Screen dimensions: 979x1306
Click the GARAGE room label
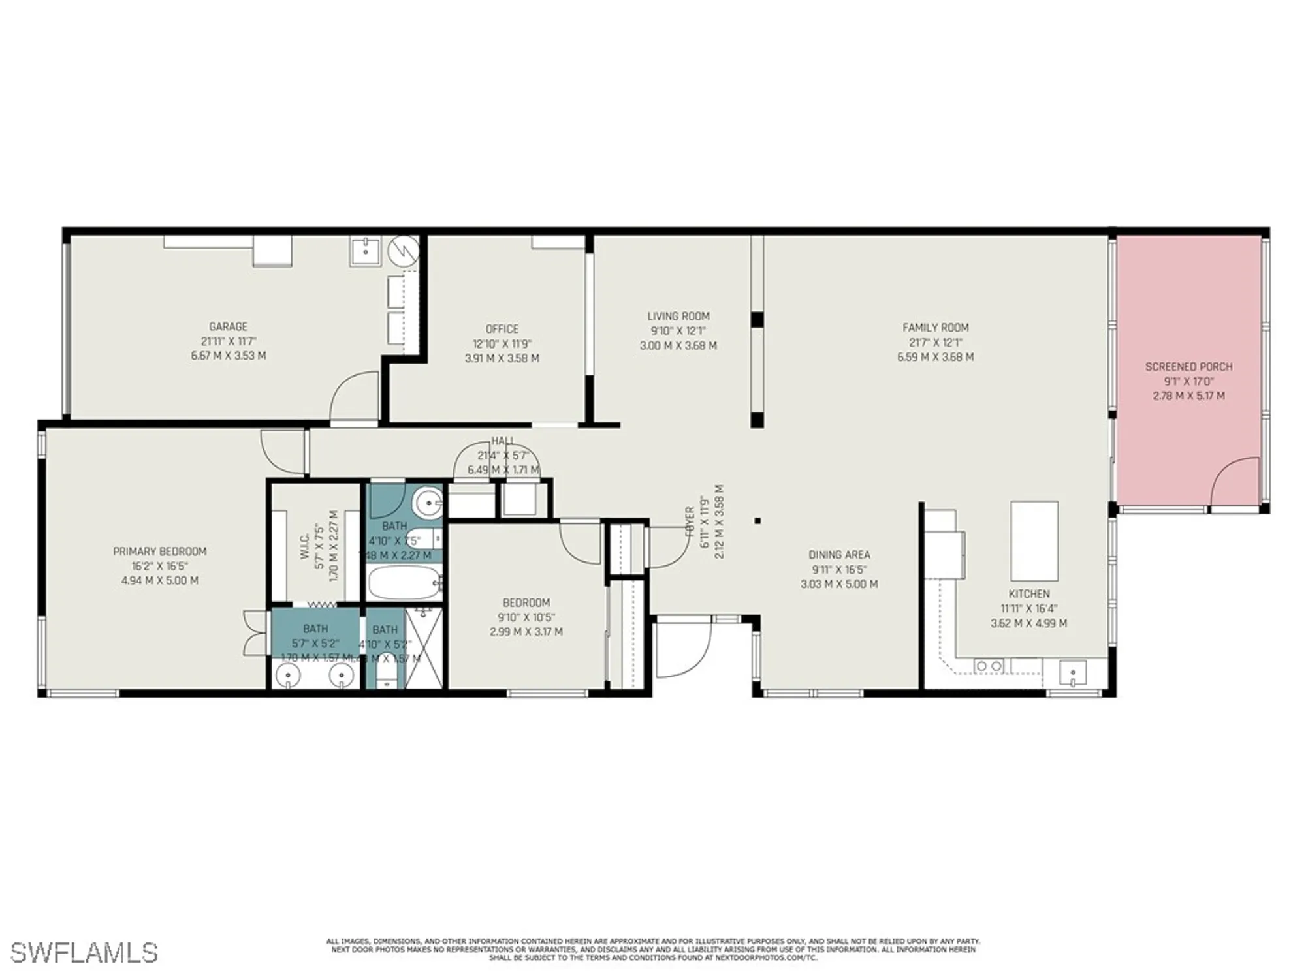coord(228,326)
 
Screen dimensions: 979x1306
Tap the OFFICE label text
coord(502,329)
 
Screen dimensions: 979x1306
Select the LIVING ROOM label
coord(678,316)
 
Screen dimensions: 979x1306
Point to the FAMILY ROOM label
coord(935,328)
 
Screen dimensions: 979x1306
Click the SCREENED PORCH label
coord(1188,367)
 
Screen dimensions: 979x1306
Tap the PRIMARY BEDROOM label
coord(159,552)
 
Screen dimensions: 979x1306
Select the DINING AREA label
coord(839,555)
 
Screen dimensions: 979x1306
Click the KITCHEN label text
coord(1029,594)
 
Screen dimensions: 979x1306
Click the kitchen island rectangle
coord(1034,540)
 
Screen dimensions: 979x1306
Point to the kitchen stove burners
coord(988,666)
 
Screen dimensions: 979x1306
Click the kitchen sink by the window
coord(1072,672)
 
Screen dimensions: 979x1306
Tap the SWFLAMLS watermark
coord(84,953)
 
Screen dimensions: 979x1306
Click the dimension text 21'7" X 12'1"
coord(935,343)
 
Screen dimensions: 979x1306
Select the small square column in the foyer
coord(757,521)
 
